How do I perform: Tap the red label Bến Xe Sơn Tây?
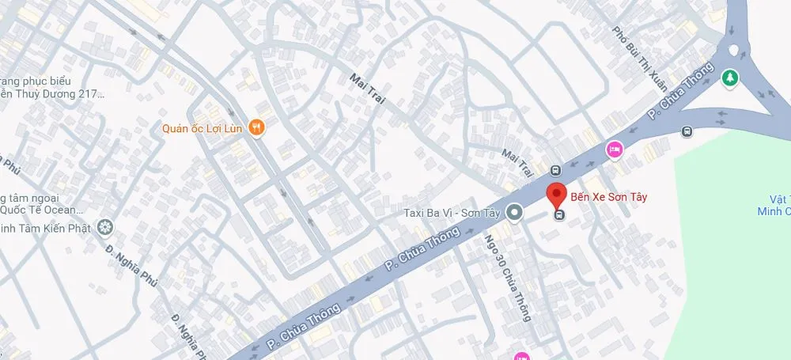click(608, 197)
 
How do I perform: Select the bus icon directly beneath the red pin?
click(559, 214)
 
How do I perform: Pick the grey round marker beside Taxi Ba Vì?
click(514, 212)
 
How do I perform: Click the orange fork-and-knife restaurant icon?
click(255, 127)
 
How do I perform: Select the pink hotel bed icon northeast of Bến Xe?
click(613, 149)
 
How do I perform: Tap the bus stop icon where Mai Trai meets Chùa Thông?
click(555, 170)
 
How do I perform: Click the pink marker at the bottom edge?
click(520, 355)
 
